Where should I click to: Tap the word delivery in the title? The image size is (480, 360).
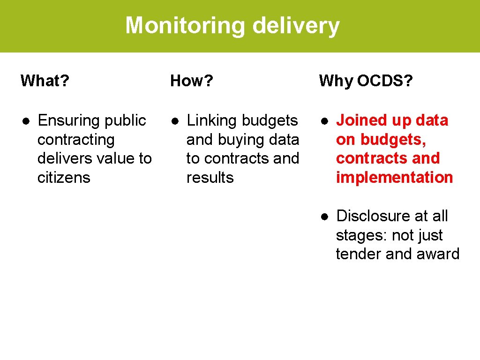click(296, 26)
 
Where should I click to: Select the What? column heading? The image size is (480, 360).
click(45, 81)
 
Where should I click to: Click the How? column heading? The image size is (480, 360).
click(192, 81)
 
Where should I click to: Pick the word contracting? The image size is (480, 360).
click(76, 140)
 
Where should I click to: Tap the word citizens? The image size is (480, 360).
click(64, 178)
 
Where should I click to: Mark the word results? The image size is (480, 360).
click(210, 178)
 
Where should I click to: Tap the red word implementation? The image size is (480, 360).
click(394, 178)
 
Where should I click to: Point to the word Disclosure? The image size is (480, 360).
click(369, 216)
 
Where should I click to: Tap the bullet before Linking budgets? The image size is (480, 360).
click(174, 121)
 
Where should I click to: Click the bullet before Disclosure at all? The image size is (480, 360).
click(324, 216)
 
